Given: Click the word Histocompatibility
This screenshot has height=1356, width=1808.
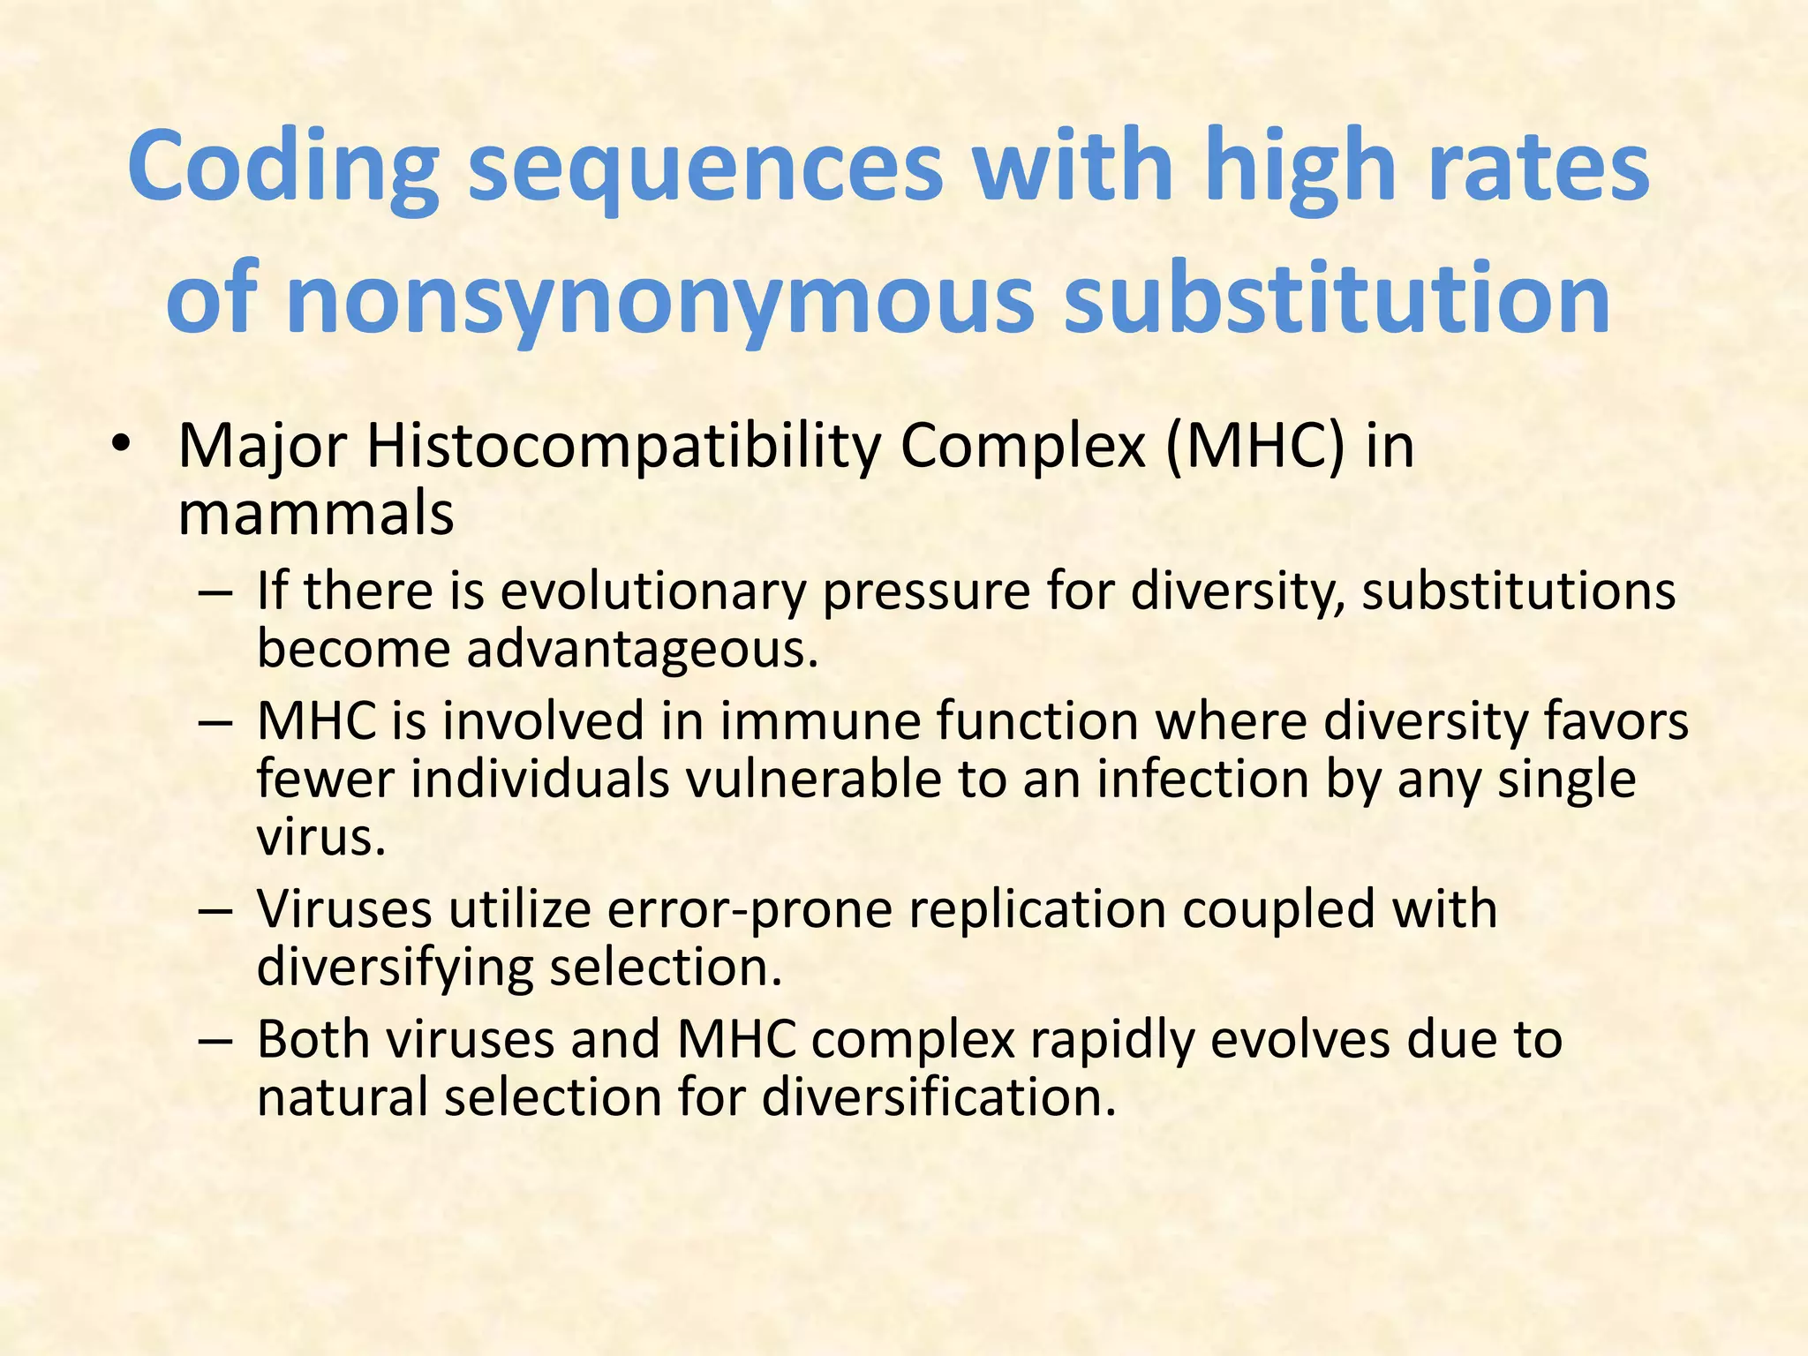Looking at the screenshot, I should click(x=623, y=447).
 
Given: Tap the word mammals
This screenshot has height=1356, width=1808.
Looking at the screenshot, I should click(x=315, y=514).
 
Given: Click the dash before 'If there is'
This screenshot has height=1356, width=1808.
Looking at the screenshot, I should click(x=215, y=592).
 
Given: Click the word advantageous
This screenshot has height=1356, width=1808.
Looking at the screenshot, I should click(x=642, y=650).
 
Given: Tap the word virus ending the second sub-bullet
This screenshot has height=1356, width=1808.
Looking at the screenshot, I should click(x=320, y=838).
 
